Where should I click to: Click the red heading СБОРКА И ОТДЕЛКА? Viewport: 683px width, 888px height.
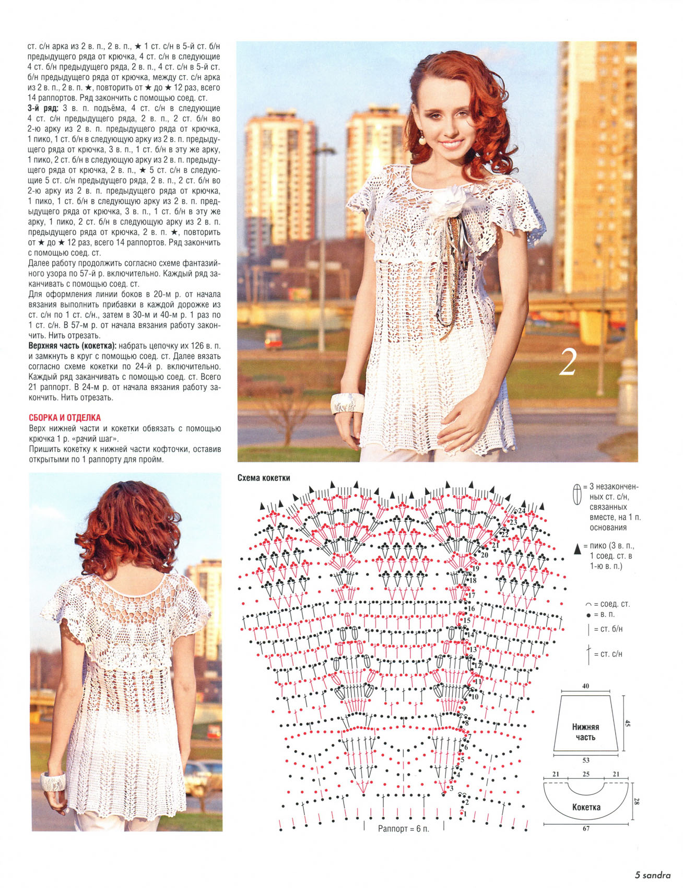tap(64, 418)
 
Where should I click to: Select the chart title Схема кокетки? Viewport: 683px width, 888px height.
tap(264, 478)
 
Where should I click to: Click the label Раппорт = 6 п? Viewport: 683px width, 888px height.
tap(403, 829)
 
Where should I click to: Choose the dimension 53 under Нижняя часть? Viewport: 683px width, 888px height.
tap(586, 761)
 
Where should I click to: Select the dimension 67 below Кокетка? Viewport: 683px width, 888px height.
tap(586, 828)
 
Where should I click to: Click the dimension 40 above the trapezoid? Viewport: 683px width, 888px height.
tap(585, 686)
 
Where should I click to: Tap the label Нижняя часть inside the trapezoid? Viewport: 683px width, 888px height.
tap(585, 732)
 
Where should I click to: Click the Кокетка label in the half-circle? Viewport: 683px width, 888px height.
tap(586, 807)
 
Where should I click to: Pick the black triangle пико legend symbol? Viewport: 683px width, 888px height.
tap(577, 548)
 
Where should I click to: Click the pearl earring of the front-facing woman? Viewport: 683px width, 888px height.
tap(422, 139)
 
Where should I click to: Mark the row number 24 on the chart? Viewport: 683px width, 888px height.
tap(522, 510)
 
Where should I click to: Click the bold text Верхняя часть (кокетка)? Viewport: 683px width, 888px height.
tap(72, 346)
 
